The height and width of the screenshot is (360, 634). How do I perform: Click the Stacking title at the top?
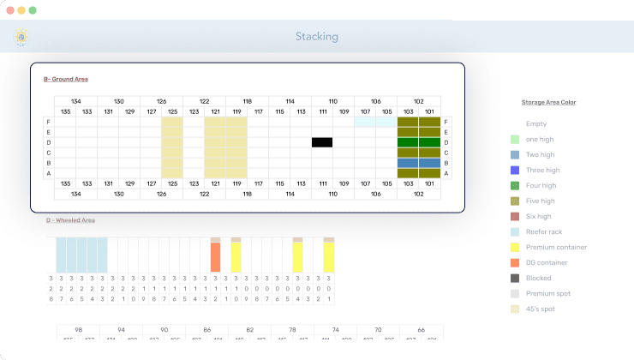click(316, 37)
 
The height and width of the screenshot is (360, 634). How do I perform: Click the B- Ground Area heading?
click(66, 80)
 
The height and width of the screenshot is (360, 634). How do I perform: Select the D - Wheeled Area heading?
click(70, 220)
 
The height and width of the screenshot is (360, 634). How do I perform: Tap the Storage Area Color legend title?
click(548, 102)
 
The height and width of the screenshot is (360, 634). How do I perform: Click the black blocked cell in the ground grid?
click(322, 142)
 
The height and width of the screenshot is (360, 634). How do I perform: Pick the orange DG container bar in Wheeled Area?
click(215, 257)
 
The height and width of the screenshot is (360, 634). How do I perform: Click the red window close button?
click(9, 9)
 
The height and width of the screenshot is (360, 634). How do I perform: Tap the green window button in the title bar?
click(33, 9)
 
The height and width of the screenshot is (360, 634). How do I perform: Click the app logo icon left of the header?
click(21, 37)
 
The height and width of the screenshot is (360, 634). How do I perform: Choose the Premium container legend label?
click(556, 248)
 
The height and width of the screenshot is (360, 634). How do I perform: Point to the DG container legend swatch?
click(514, 263)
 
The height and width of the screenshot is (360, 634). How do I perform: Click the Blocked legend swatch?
click(514, 279)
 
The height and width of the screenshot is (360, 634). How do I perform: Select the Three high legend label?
click(542, 171)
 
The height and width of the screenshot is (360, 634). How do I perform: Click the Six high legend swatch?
click(514, 217)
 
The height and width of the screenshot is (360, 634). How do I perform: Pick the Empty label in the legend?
click(536, 124)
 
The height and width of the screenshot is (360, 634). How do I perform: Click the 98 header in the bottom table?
click(79, 330)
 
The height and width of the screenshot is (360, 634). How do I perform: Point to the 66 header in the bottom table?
click(421, 330)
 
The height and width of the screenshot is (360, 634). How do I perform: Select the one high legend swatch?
click(514, 140)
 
